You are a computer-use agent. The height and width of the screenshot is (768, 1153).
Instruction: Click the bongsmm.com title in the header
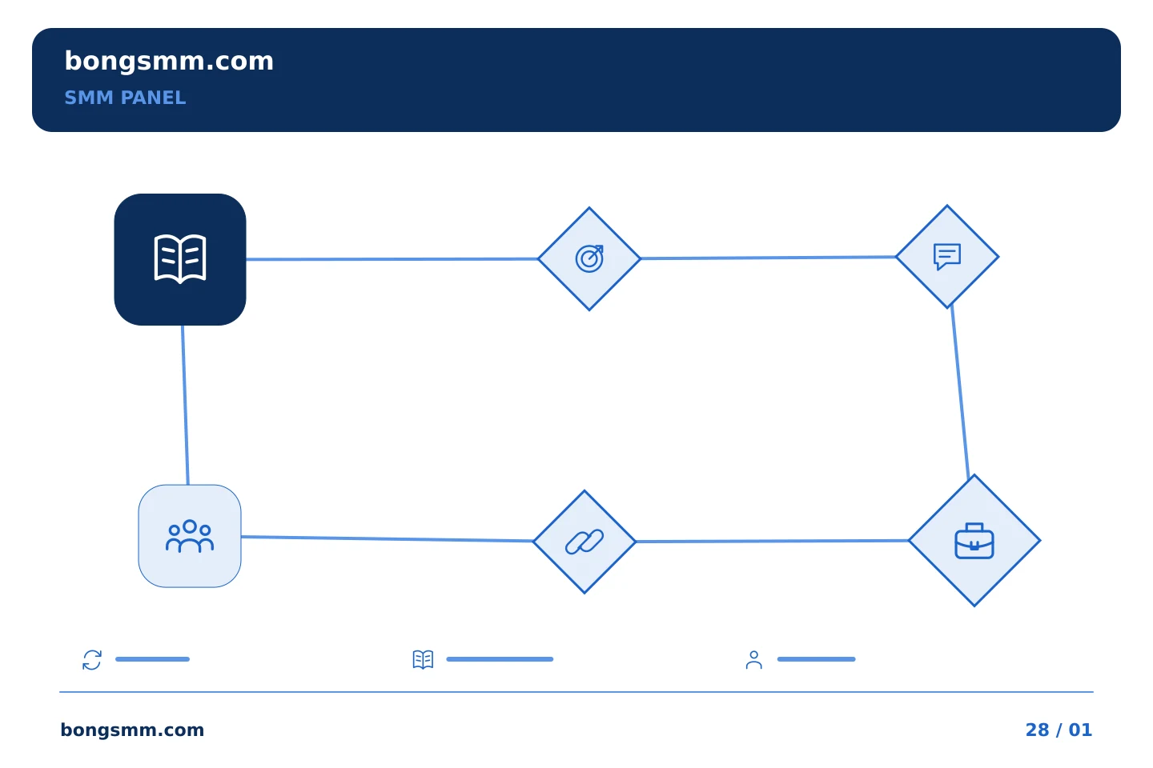169,62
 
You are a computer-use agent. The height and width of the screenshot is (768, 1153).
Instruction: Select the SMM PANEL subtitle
125,98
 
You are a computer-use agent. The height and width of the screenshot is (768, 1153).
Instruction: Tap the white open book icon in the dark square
180,259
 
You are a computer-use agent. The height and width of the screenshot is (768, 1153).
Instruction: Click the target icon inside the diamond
589,258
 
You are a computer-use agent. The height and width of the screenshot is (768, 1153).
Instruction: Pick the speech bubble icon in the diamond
947,256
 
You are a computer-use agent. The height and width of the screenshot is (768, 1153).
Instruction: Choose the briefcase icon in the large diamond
974,541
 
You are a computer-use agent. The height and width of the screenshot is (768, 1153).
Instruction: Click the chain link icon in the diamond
585,542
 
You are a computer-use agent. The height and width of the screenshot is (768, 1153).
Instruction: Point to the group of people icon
190,536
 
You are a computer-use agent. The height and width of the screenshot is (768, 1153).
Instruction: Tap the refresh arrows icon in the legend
92,659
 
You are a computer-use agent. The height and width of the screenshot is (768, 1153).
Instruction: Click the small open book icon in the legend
423,659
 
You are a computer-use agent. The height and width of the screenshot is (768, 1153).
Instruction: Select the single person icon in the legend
754,659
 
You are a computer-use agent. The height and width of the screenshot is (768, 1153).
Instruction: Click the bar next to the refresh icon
152,659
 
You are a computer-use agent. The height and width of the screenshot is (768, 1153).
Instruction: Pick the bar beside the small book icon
500,659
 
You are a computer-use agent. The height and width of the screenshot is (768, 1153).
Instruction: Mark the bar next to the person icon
817,659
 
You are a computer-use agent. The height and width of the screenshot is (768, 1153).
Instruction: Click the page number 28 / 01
1059,730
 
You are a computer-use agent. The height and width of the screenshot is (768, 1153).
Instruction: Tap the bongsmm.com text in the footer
132,730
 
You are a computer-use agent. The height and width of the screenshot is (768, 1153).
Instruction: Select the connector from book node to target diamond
392,259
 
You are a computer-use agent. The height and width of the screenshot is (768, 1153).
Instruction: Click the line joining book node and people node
185,405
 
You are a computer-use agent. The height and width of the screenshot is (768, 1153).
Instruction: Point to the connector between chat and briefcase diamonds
960,392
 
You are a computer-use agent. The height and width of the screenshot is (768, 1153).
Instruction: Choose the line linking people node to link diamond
387,538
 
